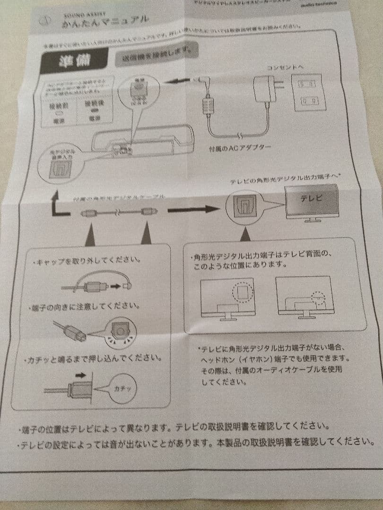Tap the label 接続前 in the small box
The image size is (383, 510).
point(59,105)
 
